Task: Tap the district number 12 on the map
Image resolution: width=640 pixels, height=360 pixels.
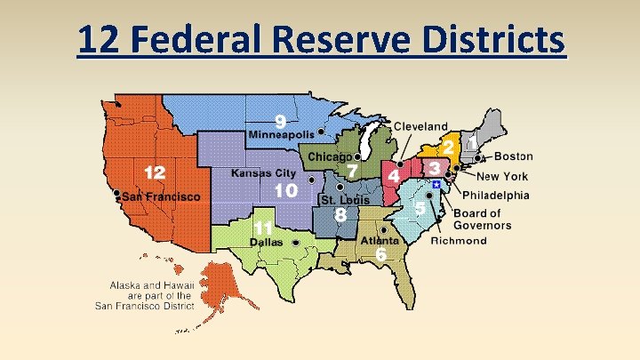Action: pyautogui.click(x=155, y=172)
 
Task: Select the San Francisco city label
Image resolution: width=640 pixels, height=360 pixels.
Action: pyautogui.click(x=161, y=196)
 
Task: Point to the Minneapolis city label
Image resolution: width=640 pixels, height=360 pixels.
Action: pyautogui.click(x=281, y=134)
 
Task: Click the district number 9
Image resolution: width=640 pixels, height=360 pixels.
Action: pyautogui.click(x=280, y=120)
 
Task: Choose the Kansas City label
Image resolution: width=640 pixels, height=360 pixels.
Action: pyautogui.click(x=263, y=172)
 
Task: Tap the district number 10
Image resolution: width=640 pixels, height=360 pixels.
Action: pyautogui.click(x=285, y=190)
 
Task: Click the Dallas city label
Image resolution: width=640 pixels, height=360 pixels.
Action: pyautogui.click(x=266, y=242)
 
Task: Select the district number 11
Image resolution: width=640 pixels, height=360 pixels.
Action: pyautogui.click(x=263, y=227)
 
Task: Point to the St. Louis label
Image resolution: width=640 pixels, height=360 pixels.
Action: pyautogui.click(x=345, y=201)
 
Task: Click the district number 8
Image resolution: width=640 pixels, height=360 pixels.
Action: pyautogui.click(x=340, y=214)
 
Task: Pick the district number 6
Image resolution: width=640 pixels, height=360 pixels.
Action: pyautogui.click(x=380, y=255)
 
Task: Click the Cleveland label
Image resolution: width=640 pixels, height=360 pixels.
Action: pyautogui.click(x=420, y=127)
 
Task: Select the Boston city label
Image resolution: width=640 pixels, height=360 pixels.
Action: pyautogui.click(x=513, y=156)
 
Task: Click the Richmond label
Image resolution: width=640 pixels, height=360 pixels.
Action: pyautogui.click(x=459, y=240)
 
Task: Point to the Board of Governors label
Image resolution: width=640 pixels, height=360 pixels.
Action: pyautogui.click(x=482, y=219)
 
